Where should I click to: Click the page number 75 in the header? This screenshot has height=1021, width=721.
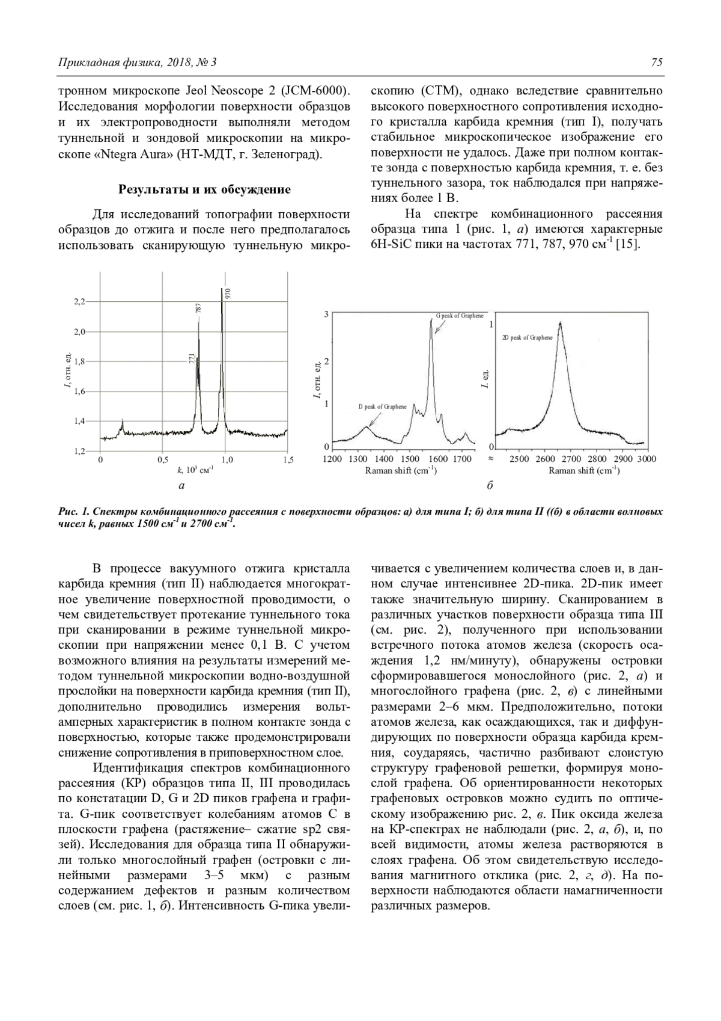coord(656,63)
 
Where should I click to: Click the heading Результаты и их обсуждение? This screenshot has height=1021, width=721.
coord(204,189)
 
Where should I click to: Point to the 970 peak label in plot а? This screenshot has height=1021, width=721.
coord(228,294)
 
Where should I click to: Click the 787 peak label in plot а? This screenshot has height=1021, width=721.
coord(198,308)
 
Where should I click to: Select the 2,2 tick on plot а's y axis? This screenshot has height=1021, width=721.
coord(79,301)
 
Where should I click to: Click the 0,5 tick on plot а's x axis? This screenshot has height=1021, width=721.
coord(162,460)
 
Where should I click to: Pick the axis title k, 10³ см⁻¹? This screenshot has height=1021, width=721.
coord(193,470)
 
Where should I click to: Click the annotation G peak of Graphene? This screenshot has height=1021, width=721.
coord(460,316)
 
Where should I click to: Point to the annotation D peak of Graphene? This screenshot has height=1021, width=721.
coord(382,407)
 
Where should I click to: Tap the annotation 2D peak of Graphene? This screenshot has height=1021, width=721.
coord(527,338)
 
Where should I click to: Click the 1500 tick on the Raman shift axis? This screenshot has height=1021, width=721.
coord(411,459)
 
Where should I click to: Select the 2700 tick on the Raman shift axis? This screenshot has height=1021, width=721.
coord(571,459)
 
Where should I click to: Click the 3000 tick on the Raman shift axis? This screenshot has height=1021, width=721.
coord(646,459)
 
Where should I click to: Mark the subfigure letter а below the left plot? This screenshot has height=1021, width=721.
coord(181,485)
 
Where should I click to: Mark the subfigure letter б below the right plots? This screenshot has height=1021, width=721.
coord(490,485)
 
